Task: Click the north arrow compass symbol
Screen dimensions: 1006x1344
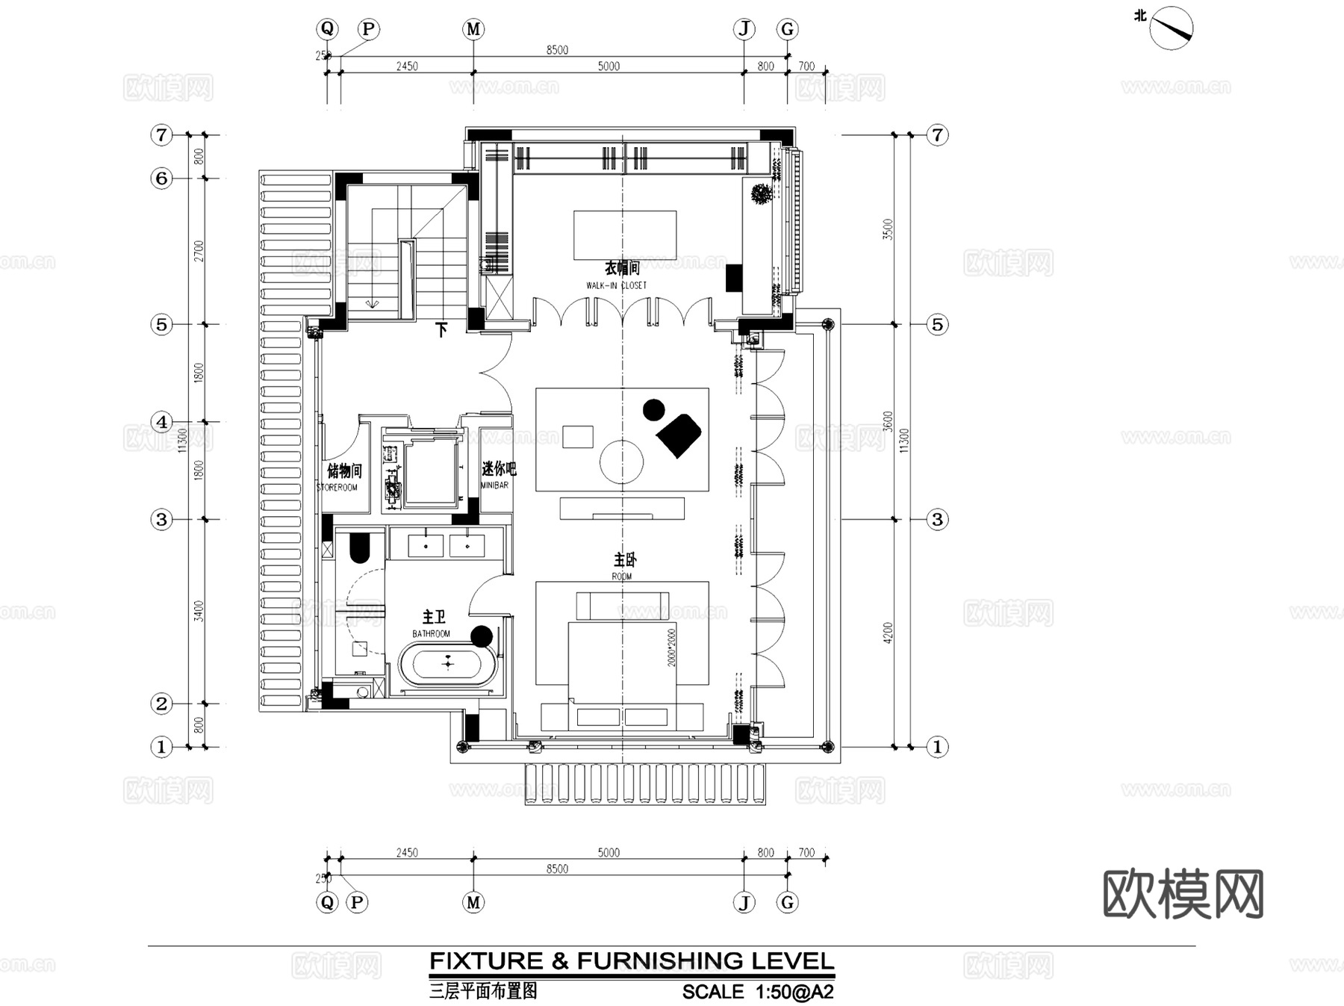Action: click(x=1170, y=28)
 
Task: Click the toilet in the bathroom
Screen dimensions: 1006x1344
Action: click(x=359, y=547)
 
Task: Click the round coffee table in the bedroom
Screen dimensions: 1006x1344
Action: click(x=621, y=462)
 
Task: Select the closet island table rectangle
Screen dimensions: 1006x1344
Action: click(x=624, y=235)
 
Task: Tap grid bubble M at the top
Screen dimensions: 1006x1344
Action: click(x=473, y=29)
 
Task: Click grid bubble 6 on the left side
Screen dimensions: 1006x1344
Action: click(x=161, y=178)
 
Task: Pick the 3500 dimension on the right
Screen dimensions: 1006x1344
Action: click(x=888, y=229)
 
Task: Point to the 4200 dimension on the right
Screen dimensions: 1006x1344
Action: click(x=888, y=633)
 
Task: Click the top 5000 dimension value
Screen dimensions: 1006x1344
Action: click(x=609, y=66)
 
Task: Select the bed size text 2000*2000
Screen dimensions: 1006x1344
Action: click(x=671, y=647)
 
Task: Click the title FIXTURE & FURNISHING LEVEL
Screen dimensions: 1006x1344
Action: click(x=632, y=960)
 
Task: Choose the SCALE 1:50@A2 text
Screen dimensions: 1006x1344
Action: click(x=757, y=992)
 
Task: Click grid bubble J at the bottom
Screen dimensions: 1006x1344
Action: click(x=744, y=902)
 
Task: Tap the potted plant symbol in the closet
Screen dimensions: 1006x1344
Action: click(x=761, y=193)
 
